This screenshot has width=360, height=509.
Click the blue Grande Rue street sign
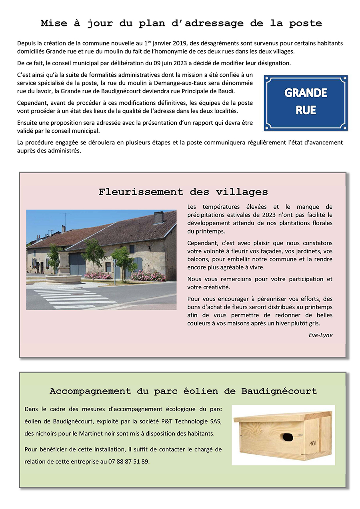(306, 103)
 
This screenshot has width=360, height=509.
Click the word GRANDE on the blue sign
(306, 93)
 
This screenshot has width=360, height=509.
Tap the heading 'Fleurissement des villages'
(183, 192)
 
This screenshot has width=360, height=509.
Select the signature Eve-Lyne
(320, 335)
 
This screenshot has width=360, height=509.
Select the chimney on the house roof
(158, 218)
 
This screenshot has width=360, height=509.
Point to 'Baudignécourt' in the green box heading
(279, 391)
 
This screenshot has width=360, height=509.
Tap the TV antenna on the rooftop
(64, 218)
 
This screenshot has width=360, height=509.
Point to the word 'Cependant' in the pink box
(202, 243)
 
